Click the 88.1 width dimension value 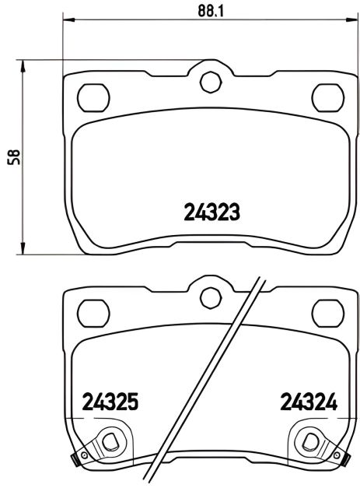tap(207, 10)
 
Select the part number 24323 tap(211, 211)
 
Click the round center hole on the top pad tap(208, 82)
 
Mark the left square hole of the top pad tap(93, 95)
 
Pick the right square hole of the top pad tap(325, 95)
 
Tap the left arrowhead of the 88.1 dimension tap(66, 21)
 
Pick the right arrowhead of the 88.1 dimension tap(351, 21)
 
